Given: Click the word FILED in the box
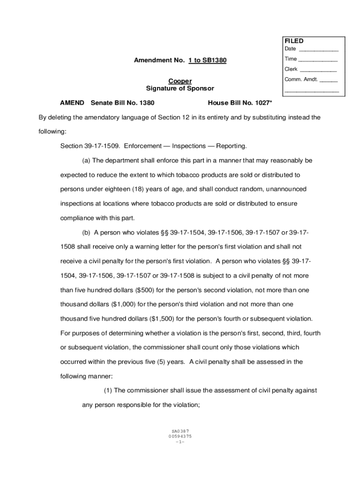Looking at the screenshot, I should (294, 41).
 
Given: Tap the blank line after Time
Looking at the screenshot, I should (317, 59).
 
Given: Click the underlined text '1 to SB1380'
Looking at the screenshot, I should (208, 61).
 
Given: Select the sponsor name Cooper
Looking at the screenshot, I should (180, 81).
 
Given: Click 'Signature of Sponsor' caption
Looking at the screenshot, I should (180, 88).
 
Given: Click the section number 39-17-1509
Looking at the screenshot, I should (102, 146).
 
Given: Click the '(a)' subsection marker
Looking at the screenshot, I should (86, 160).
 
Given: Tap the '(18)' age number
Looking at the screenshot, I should (139, 189).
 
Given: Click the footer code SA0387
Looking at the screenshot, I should (180, 431).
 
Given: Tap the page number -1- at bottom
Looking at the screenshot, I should (180, 442).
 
